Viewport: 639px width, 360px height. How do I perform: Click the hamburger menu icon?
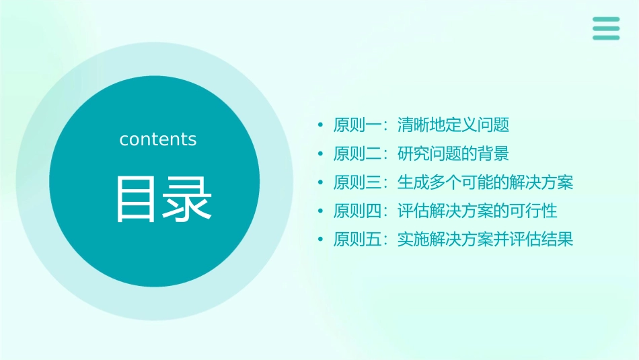(x=605, y=28)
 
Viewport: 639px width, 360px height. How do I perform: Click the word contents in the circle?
(x=158, y=139)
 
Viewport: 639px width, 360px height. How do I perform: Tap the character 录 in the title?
(x=184, y=199)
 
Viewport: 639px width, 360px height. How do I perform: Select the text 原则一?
(x=358, y=125)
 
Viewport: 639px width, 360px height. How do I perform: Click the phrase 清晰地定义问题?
(x=453, y=125)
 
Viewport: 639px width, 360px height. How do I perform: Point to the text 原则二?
(x=358, y=153)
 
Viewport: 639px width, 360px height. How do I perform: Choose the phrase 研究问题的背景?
(x=453, y=153)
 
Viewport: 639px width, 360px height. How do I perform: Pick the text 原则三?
(x=358, y=182)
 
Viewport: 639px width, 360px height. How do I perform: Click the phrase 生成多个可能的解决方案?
(x=485, y=182)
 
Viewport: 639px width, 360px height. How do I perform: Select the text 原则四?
(x=358, y=211)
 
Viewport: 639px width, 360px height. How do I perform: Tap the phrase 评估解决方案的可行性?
(x=477, y=211)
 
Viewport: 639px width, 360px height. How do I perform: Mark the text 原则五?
(x=358, y=240)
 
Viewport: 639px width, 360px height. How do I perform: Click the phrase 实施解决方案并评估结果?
(x=485, y=240)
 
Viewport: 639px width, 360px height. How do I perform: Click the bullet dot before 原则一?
(x=321, y=126)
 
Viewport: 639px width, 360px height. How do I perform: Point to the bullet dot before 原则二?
(x=321, y=154)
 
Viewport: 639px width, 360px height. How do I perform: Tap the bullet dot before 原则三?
(x=321, y=183)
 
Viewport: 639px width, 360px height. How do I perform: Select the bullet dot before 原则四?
(x=321, y=211)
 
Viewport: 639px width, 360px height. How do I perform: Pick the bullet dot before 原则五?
(x=321, y=240)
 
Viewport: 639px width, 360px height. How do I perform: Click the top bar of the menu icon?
(x=605, y=20)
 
